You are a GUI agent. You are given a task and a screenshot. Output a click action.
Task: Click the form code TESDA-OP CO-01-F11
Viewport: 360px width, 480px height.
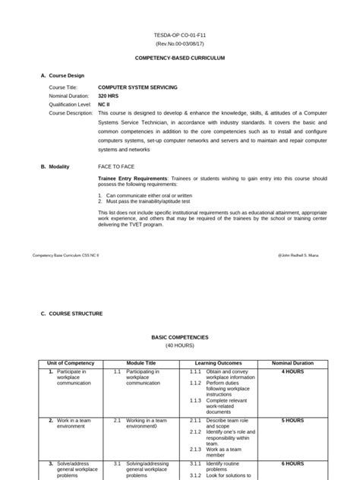click(x=180, y=35)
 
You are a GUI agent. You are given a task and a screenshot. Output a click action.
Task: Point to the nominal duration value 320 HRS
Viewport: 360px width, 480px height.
click(x=108, y=96)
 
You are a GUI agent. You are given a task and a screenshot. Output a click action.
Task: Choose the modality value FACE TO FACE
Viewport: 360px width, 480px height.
click(x=115, y=165)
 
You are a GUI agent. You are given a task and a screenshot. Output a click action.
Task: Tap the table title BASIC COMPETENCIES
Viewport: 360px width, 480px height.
click(x=180, y=336)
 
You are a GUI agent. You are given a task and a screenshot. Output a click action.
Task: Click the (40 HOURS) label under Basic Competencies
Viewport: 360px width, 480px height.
click(x=180, y=345)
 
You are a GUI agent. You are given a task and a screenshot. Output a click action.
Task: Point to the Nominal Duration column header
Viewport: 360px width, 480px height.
click(x=292, y=363)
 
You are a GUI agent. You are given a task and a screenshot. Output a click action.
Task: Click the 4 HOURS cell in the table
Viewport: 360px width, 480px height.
click(x=292, y=372)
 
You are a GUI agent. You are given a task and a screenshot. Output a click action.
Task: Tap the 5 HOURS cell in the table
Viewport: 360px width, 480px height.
click(x=292, y=420)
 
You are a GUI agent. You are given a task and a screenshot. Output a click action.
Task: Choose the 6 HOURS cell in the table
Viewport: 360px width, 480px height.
click(x=292, y=463)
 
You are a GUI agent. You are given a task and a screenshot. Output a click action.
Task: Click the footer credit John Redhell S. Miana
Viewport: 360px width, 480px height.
click(x=303, y=256)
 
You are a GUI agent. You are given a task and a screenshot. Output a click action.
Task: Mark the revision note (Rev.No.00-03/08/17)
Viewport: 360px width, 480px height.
click(x=180, y=43)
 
